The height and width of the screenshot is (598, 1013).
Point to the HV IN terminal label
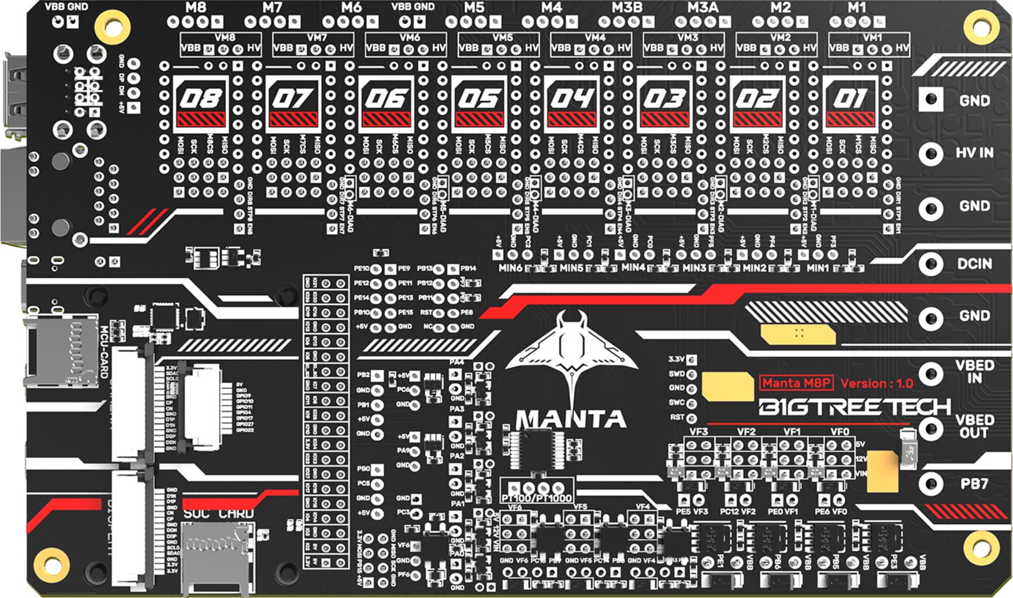974,153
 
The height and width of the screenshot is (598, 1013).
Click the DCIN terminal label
974,264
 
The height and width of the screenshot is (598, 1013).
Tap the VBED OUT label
974,426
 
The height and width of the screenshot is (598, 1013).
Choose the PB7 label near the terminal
974,484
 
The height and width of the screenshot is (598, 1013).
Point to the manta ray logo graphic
570,356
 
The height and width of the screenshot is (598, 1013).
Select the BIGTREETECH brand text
854,407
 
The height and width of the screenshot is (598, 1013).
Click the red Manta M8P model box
796,383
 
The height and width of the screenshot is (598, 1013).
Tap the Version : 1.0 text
876,384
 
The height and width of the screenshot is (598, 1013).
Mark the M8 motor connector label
195,8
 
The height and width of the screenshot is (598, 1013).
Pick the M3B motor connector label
627,8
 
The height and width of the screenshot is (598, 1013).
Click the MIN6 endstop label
510,268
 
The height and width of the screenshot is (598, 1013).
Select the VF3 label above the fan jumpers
698,432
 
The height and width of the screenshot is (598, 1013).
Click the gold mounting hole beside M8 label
113,25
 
